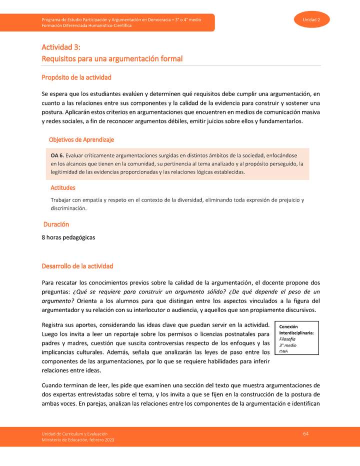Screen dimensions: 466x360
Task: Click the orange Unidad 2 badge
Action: (315, 19)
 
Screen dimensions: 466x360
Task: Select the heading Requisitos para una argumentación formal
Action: (112, 59)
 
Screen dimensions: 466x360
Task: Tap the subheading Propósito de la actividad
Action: (76, 77)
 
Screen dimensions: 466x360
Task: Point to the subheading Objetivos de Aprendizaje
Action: (81, 140)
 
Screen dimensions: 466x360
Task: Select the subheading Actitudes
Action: (63, 188)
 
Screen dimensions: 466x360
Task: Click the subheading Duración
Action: (56, 225)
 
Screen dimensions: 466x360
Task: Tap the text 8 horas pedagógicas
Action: (68, 237)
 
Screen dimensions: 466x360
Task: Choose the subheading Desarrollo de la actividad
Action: (77, 266)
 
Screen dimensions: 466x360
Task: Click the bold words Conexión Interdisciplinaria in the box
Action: (296, 329)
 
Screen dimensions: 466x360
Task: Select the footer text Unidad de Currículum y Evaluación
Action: (74, 433)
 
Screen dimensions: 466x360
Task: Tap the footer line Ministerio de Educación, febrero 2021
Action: (78, 439)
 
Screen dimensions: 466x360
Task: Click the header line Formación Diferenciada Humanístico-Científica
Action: (86, 25)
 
